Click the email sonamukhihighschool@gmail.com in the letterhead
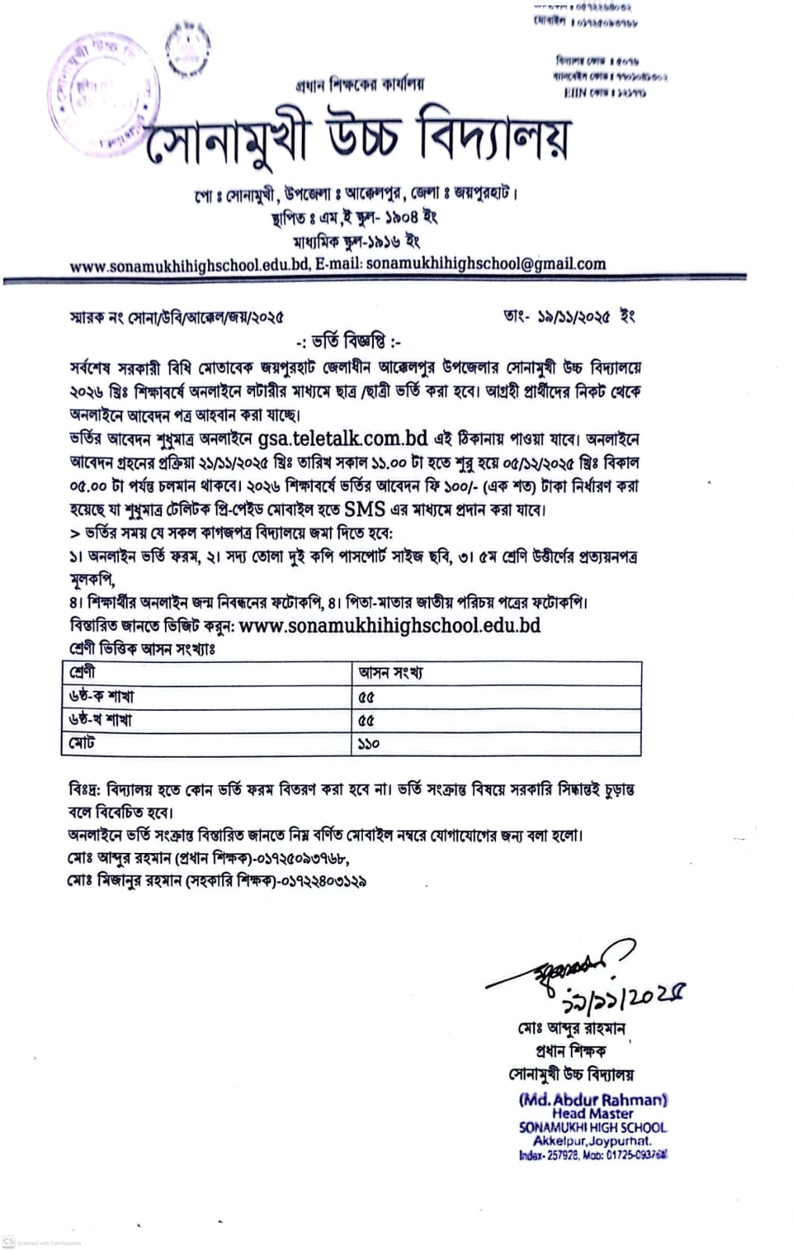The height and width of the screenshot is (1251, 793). click(x=486, y=263)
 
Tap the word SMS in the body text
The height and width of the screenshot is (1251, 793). click(x=365, y=509)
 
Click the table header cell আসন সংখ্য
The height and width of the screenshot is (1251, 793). click(x=390, y=672)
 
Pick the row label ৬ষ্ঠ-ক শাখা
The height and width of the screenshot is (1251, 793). click(x=102, y=696)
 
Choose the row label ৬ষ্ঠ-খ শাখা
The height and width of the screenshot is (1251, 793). click(x=102, y=719)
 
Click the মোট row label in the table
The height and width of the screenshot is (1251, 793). click(x=81, y=743)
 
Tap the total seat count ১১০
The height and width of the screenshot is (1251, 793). click(x=368, y=743)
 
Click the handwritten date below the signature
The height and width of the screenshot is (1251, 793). click(x=625, y=996)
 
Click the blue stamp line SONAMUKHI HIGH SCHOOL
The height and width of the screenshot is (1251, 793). click(x=593, y=1127)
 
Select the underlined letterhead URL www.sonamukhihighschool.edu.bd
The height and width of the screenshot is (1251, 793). click(x=190, y=264)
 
